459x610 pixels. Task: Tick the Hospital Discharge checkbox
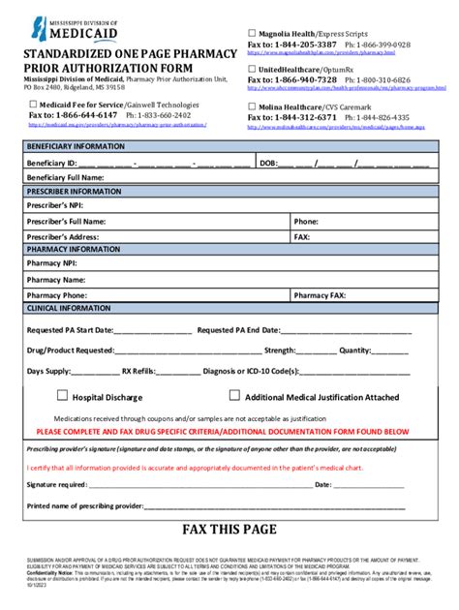click(63, 395)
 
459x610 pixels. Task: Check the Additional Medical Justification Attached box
click(234, 395)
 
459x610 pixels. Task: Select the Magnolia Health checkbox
click(253, 34)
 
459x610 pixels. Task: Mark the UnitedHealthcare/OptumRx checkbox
click(253, 70)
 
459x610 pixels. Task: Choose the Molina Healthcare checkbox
click(253, 106)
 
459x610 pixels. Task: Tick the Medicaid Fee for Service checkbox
click(33, 105)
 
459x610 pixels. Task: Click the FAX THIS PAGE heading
click(229, 529)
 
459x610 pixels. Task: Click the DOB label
click(268, 163)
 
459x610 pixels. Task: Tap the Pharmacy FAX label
click(320, 295)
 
